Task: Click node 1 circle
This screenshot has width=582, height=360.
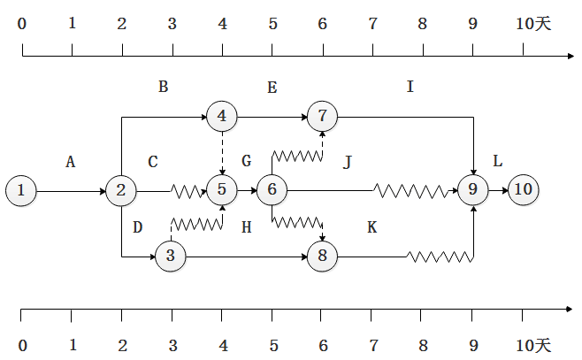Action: click(21, 189)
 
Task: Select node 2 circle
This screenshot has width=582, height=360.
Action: click(121, 189)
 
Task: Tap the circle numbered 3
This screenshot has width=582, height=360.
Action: click(171, 257)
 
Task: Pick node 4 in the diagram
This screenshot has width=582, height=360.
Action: click(221, 115)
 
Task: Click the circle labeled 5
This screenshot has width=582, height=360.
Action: click(221, 189)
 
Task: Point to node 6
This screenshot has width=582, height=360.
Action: click(272, 189)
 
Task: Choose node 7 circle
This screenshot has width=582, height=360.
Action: click(322, 115)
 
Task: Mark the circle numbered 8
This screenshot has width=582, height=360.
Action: click(322, 257)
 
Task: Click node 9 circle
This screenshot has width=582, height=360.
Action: click(472, 189)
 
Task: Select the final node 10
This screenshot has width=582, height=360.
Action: click(523, 189)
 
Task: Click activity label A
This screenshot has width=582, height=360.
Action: click(71, 162)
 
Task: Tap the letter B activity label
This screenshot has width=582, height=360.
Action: click(163, 87)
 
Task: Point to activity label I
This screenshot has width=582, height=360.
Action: click(410, 87)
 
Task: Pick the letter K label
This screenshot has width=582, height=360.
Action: click(371, 228)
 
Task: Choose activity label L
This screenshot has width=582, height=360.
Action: click(497, 162)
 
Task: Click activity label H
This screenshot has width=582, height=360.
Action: click(247, 228)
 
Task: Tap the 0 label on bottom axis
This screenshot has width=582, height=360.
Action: click(22, 344)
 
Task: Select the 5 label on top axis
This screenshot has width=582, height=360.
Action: click(272, 24)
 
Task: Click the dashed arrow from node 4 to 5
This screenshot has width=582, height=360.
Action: click(221, 152)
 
